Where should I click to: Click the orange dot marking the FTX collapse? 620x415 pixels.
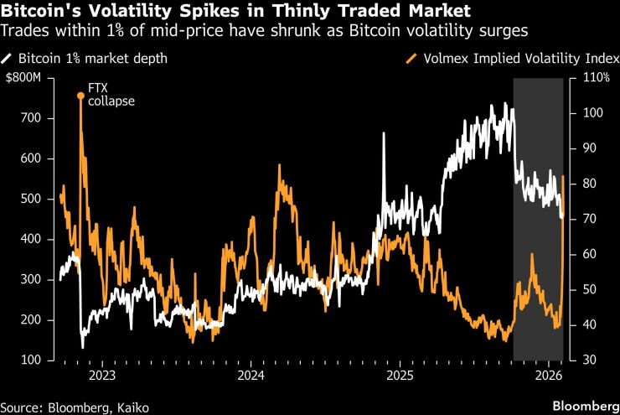point(80,96)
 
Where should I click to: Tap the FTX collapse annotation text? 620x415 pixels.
point(111,95)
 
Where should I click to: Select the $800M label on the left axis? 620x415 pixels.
point(23,77)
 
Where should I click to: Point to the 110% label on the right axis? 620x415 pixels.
point(597,77)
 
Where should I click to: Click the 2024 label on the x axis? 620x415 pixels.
point(251,375)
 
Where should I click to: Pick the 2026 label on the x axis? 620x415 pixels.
point(549,375)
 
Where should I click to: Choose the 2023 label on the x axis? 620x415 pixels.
point(102,375)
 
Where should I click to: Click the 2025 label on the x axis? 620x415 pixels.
point(400,375)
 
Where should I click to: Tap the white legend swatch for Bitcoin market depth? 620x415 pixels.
point(7,59)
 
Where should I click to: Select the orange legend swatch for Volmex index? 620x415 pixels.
point(411,59)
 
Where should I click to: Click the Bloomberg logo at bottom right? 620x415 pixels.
point(586,407)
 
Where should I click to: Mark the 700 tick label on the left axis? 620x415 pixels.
point(31,118)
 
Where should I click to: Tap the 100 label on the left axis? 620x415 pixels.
point(31,360)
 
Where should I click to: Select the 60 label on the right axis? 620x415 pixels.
point(590,254)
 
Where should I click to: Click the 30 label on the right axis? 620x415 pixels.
point(590,360)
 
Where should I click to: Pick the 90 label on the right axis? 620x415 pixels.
point(590,148)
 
